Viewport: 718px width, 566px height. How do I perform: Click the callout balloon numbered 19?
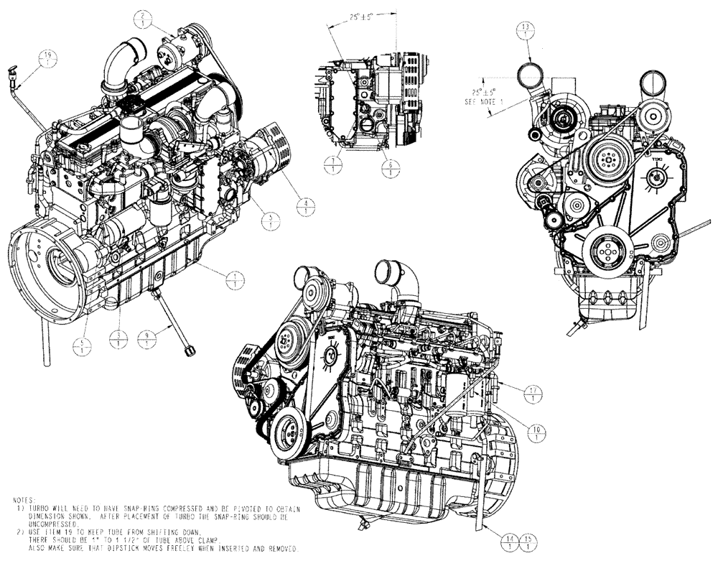point(47,57)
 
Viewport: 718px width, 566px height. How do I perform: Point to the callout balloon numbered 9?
point(147,340)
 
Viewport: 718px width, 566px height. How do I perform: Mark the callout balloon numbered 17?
point(533,393)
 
